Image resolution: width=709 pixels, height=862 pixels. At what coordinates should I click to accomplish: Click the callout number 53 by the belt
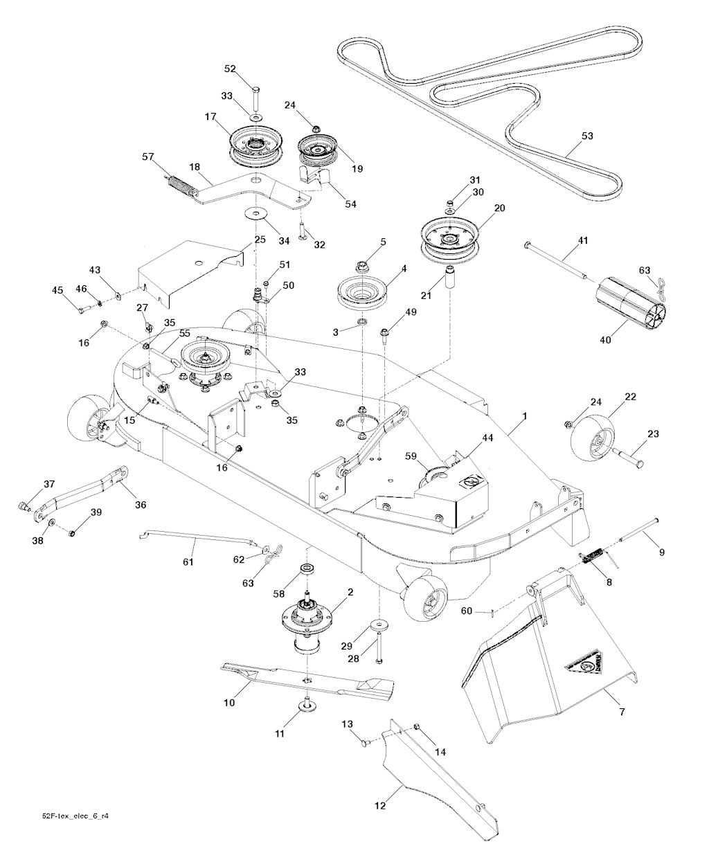click(x=587, y=136)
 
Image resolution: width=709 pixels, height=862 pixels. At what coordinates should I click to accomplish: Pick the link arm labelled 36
click(x=83, y=490)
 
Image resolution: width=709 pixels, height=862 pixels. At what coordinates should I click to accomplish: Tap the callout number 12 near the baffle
click(x=379, y=805)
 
